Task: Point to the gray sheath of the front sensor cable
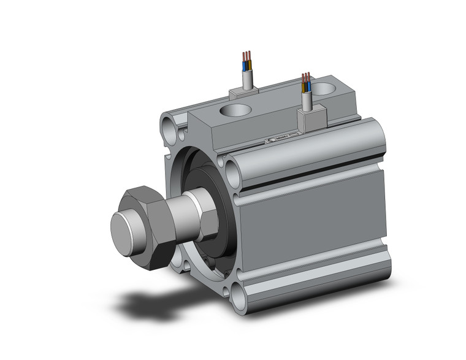(x=306, y=102)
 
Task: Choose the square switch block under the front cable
(x=310, y=120)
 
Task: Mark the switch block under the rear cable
(x=243, y=93)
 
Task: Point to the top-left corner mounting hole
(x=169, y=129)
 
